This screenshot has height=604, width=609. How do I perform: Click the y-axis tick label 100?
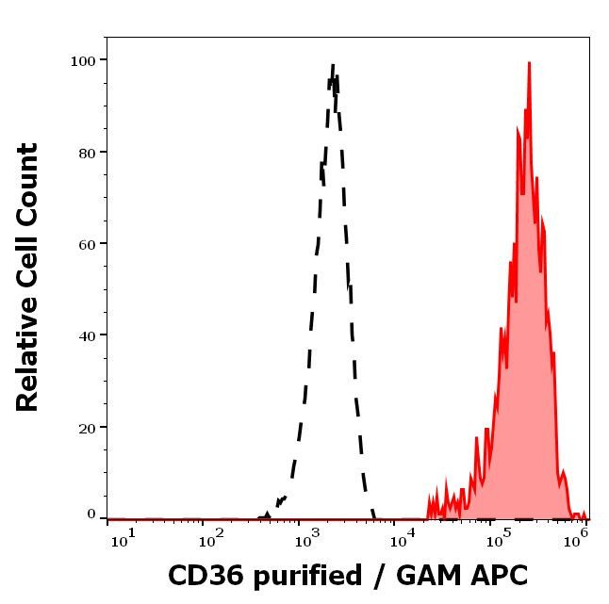coord(83,60)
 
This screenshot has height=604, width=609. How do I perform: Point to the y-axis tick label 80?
coord(87,152)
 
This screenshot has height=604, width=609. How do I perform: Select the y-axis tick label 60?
coord(87,243)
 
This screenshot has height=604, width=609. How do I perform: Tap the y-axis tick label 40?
coord(87,335)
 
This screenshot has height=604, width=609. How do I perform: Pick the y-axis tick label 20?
coord(87,427)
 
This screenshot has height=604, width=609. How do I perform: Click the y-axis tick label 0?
coord(91,514)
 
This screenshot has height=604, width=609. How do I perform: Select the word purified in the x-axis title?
coord(302,577)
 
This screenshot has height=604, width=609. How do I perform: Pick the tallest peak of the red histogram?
coord(529,63)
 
